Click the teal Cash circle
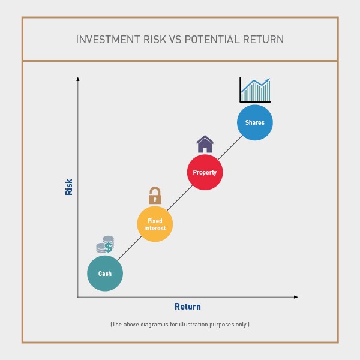click(105, 274)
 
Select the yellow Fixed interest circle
click(155, 224)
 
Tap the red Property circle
click(205, 172)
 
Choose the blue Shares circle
click(255, 122)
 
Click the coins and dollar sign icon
click(105, 245)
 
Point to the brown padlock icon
click(155, 196)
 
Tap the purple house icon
click(205, 144)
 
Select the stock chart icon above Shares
click(255, 90)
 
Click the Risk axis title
click(69, 187)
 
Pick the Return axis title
click(188, 307)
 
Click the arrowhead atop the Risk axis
click(78, 79)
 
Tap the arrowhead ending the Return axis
click(296, 297)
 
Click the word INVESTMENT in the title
click(108, 40)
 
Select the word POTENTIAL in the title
click(212, 40)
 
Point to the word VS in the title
click(176, 40)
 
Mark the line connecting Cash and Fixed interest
click(130, 248)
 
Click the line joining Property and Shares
click(230, 148)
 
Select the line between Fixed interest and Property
click(180, 198)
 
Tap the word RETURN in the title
click(263, 40)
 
